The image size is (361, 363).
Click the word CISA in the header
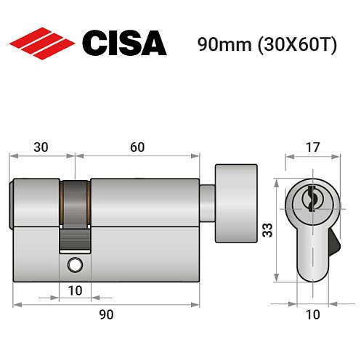[123, 43]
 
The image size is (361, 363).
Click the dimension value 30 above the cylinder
[41, 147]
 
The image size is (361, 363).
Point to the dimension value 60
[137, 147]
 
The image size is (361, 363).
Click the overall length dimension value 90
[106, 314]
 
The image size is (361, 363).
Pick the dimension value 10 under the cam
[76, 291]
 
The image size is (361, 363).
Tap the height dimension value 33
[267, 231]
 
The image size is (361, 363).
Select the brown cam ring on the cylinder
[75, 203]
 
